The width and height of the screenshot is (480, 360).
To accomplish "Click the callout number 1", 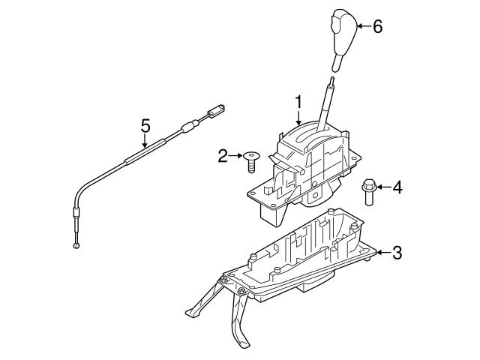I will pos(298,102).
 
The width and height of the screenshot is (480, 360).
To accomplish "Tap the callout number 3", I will pos(397,253).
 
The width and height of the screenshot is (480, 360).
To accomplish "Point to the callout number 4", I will pos(397,187).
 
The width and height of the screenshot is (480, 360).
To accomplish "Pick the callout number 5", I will pos(145,125).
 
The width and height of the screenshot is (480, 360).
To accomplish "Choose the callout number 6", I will pos(377,26).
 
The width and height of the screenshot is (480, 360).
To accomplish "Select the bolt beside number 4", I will pos(369,190).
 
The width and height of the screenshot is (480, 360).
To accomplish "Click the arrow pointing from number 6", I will pos(363,27).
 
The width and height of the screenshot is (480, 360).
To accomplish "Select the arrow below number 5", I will pos(145,140).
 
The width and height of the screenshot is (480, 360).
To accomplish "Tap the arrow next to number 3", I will pos(382,253).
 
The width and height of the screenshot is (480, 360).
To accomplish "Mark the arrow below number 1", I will pos(298,117).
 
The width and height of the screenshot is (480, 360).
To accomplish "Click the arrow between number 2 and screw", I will pos(235,156).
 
